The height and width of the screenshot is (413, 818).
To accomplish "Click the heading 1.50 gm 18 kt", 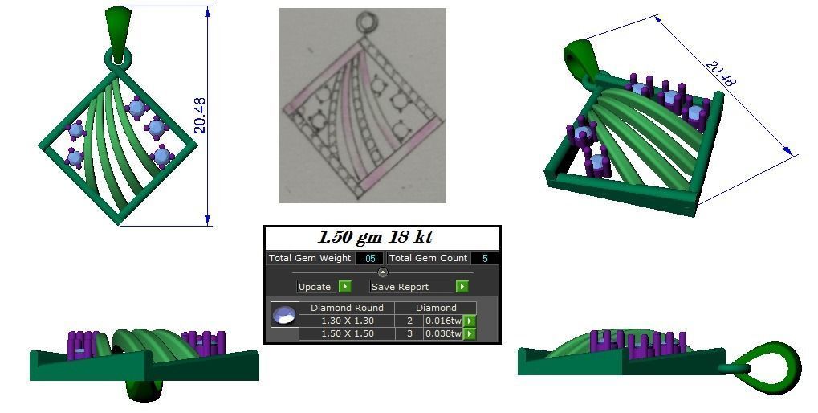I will (376, 238).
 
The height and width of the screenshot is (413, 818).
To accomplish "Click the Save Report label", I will (400, 287).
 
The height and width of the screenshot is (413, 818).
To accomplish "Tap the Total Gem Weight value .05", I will (369, 259).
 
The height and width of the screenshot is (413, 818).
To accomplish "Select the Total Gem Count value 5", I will (485, 259).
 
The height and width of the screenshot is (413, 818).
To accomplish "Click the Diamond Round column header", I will (347, 308).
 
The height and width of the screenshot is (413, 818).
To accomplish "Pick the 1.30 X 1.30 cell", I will (347, 321).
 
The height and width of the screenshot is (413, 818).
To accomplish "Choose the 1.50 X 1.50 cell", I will (347, 333).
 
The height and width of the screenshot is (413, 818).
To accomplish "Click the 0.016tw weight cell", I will (442, 321).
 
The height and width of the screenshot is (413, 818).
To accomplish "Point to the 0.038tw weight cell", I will (442, 333).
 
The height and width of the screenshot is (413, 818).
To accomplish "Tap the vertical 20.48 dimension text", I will (200, 116).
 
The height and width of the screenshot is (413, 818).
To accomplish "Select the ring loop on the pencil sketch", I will (368, 22).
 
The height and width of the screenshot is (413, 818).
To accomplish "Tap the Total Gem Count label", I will (425, 259).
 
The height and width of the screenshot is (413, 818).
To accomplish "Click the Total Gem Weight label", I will (310, 259).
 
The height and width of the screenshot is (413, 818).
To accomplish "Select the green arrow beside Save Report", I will (462, 287).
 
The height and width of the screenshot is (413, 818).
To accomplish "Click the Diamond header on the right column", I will (436, 308).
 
